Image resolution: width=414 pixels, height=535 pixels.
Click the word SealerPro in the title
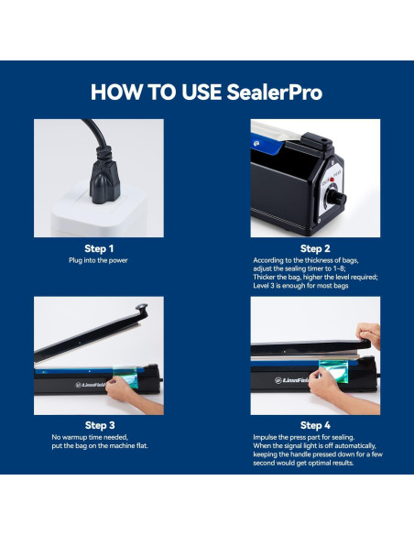[274, 93]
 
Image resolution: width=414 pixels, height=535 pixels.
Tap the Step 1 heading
[99, 249]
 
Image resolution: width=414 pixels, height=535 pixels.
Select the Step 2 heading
[315, 249]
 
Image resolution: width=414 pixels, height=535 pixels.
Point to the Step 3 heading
[100, 425]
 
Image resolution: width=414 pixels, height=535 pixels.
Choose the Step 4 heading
[315, 425]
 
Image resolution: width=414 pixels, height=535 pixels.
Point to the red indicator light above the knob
[332, 180]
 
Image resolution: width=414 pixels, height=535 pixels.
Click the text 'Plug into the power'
[98, 260]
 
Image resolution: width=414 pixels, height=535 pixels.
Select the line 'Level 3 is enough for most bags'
[300, 286]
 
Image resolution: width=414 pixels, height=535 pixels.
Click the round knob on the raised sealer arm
[142, 307]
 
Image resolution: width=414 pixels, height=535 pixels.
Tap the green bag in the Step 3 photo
[125, 377]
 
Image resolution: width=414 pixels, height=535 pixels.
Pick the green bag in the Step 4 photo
[334, 370]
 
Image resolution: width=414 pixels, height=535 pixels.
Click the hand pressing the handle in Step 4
[369, 334]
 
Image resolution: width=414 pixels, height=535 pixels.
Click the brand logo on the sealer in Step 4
[291, 380]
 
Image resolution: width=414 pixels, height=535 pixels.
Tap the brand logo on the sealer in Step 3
[90, 385]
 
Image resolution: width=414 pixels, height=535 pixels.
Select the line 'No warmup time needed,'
[90, 437]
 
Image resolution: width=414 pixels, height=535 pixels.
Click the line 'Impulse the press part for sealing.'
[303, 437]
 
